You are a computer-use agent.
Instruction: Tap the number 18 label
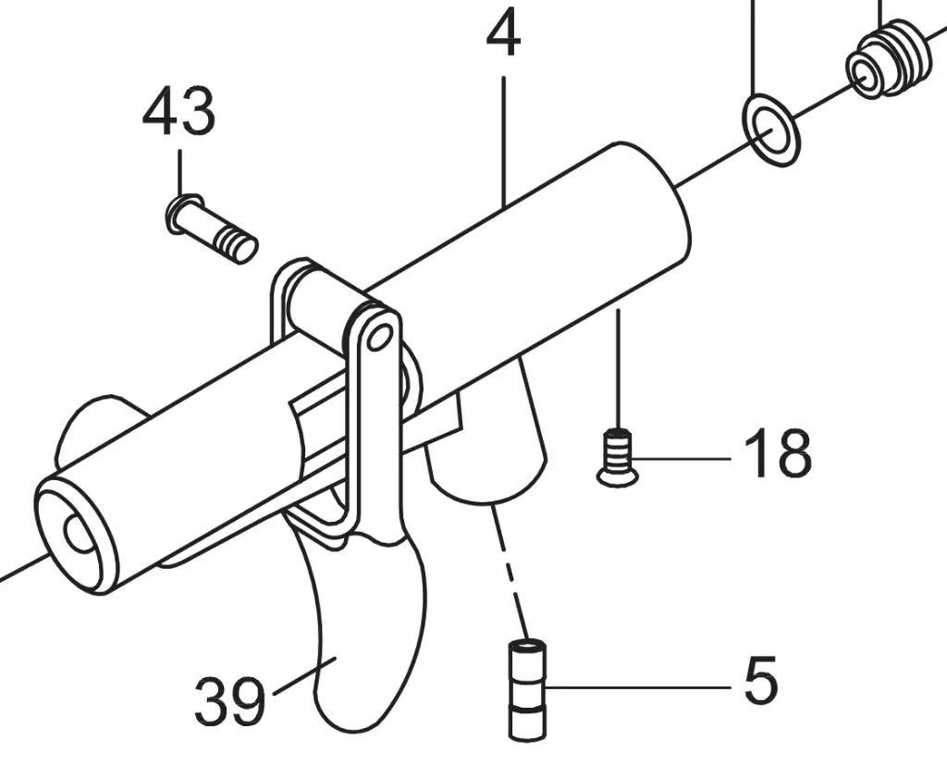pyautogui.click(x=778, y=453)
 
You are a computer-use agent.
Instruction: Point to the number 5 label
pyautogui.click(x=760, y=682)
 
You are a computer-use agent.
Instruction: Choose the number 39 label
pyautogui.click(x=229, y=700)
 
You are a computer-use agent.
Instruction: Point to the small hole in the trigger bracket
pyautogui.click(x=377, y=339)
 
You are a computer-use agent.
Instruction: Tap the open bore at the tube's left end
pyautogui.click(x=80, y=534)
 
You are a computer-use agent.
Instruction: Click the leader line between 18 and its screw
pyautogui.click(x=684, y=457)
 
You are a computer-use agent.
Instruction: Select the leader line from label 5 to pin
pyautogui.click(x=638, y=687)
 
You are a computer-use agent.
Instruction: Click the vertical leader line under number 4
pyautogui.click(x=504, y=139)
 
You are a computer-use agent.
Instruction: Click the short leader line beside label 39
pyautogui.click(x=294, y=680)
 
